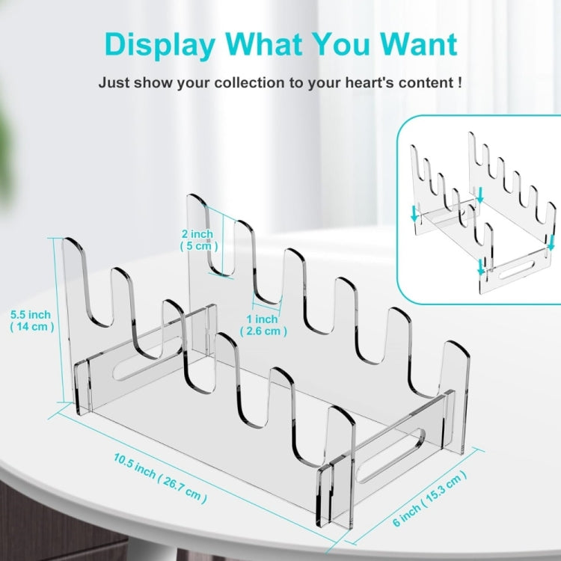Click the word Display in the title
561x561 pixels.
[160, 45]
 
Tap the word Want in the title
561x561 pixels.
[419, 43]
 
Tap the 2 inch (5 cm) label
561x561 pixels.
[198, 240]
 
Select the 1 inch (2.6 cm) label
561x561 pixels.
[263, 325]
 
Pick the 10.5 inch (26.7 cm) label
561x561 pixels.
[160, 478]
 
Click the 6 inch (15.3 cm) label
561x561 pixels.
[429, 498]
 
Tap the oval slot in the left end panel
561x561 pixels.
[147, 358]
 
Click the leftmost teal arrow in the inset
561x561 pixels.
[414, 213]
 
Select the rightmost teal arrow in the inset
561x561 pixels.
[551, 243]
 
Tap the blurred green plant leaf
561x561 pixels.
[8, 150]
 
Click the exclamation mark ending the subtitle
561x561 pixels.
[459, 82]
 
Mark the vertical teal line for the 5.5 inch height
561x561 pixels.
[58, 320]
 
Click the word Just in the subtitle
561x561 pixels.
[114, 82]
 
